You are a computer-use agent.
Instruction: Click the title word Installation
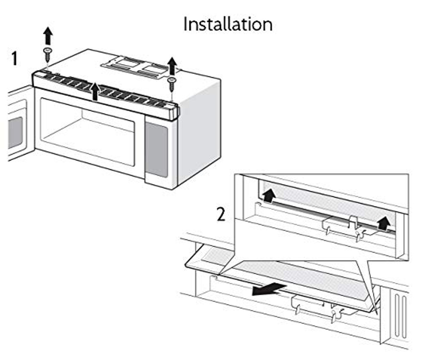coord(228,24)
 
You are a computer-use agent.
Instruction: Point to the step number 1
coord(14,59)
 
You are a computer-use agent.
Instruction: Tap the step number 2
coord(221,214)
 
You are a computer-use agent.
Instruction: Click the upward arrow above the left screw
coord(48,36)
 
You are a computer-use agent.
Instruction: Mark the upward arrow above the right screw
coord(172,66)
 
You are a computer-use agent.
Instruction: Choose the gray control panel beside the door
coord(156,149)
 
